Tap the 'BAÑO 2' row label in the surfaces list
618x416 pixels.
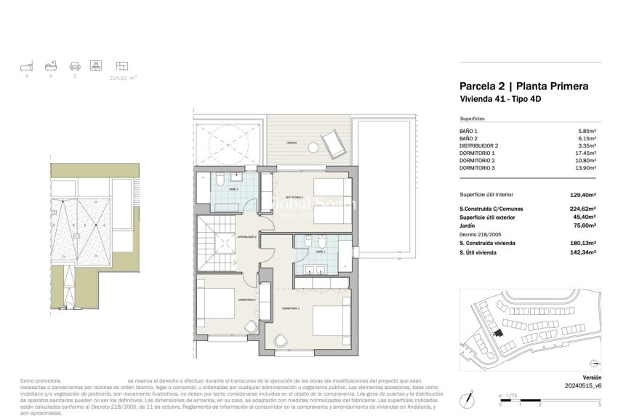[470, 138]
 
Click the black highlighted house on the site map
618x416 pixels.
[498, 333]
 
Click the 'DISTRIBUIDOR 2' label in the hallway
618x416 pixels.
[248, 236]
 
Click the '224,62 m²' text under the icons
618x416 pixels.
[123, 76]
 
